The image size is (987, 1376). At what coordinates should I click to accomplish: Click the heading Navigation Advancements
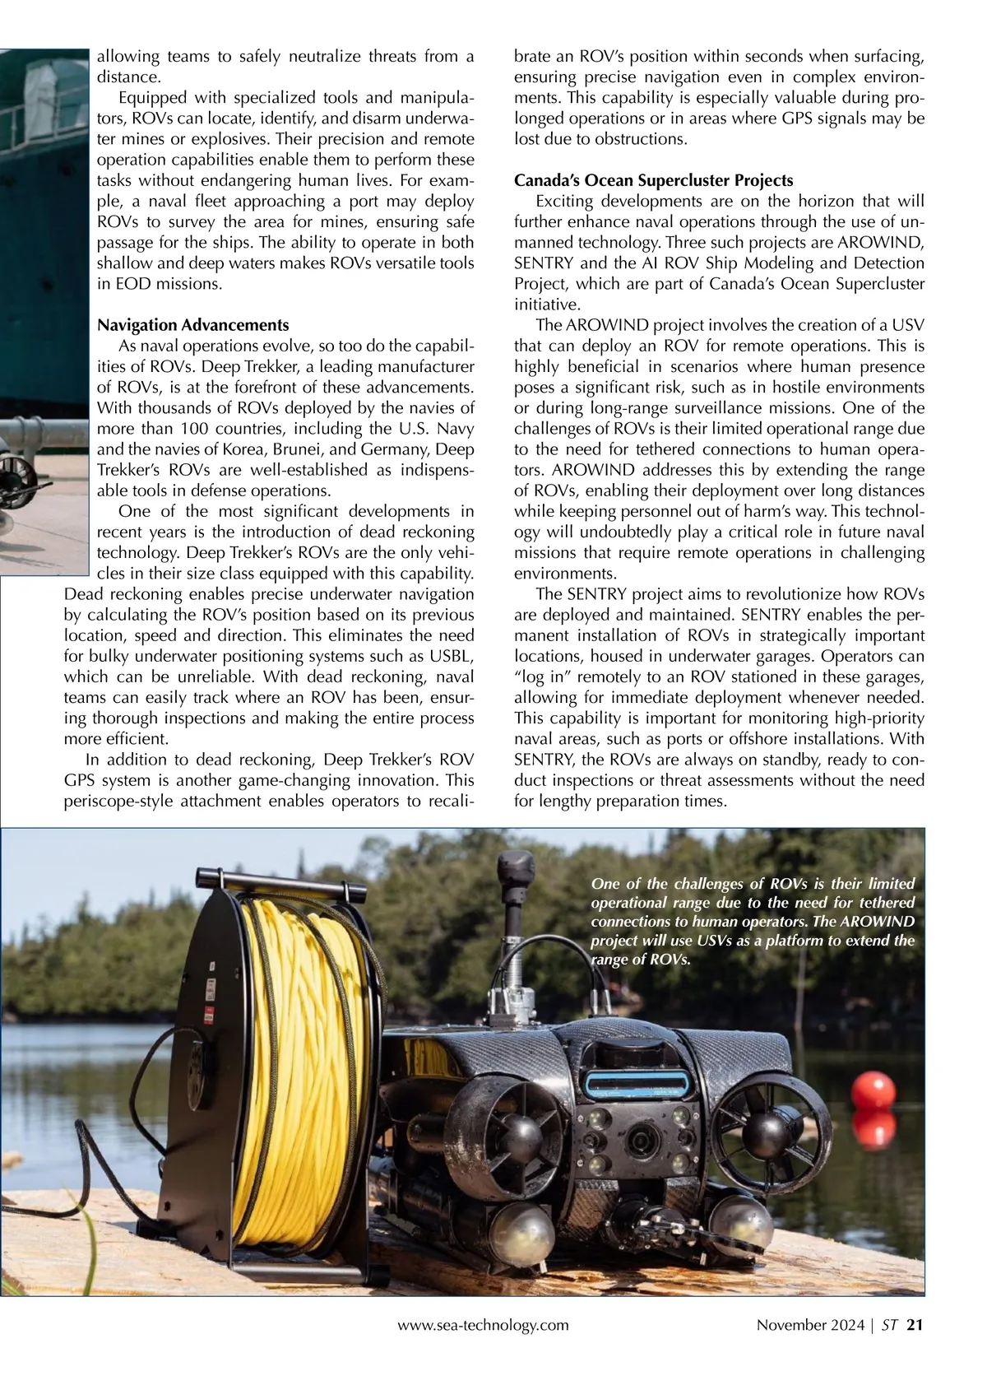pos(192,325)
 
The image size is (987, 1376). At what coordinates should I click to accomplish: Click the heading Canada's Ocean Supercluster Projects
pos(653,180)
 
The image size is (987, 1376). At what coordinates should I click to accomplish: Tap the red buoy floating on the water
pos(873,1099)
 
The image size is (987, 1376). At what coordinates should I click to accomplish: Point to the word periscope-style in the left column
pos(115,801)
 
